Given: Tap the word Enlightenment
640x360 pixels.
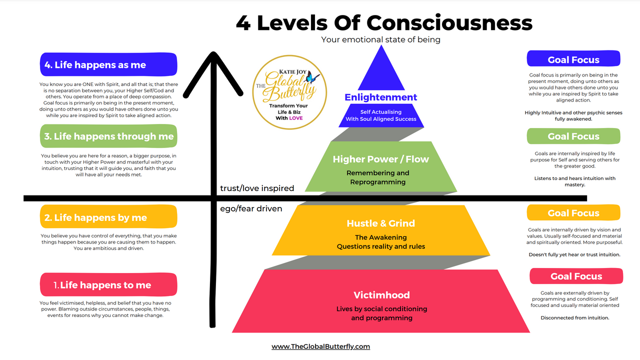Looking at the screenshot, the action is click(x=381, y=97).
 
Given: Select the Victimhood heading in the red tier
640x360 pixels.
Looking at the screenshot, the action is click(x=381, y=295).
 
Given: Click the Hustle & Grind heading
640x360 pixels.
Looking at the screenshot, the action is click(x=381, y=223).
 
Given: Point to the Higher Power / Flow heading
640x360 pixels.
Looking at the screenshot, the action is click(x=381, y=159).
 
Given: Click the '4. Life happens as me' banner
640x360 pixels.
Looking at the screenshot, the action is click(x=108, y=64).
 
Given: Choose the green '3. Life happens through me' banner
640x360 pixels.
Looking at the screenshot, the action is click(x=108, y=136).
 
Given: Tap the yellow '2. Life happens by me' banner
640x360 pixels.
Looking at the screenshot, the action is click(x=108, y=216).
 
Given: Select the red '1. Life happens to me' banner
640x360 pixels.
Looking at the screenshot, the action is click(x=108, y=284).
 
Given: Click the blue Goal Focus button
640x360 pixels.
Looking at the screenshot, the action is click(x=573, y=58).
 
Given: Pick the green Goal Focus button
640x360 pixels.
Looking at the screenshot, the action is click(x=573, y=136).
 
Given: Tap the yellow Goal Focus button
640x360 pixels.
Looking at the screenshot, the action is click(x=573, y=212).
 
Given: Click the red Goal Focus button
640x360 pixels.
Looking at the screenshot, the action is click(x=576, y=276).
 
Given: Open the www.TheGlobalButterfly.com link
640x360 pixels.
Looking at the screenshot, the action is click(x=320, y=346).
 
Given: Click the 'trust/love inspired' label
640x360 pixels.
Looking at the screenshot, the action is click(x=257, y=188).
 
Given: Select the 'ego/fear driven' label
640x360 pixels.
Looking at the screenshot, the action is click(x=251, y=208).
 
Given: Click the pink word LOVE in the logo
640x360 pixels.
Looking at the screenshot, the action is click(x=295, y=118).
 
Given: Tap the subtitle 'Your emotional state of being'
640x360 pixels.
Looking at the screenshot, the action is click(x=380, y=39).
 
